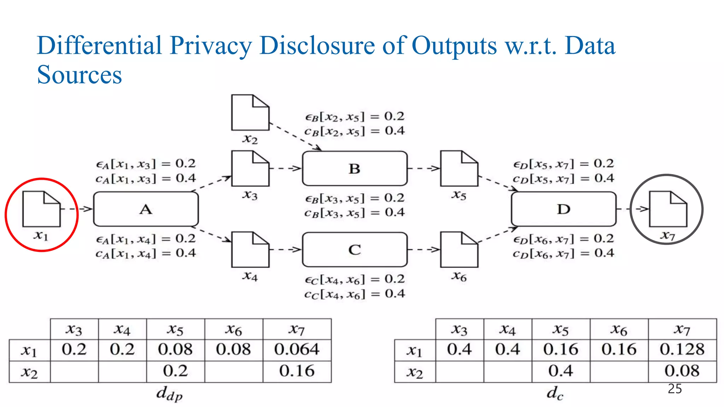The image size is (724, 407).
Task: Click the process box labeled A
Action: coord(146,209)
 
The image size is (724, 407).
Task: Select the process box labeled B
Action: coord(355,169)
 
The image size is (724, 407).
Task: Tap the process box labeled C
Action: coord(355,250)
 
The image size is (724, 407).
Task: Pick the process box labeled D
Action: coord(564,209)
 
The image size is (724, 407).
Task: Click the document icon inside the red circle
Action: coord(41,209)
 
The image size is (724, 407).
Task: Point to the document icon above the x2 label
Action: coord(250,112)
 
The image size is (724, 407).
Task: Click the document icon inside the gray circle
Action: coord(668,209)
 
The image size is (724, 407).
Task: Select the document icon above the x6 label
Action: coord(459,250)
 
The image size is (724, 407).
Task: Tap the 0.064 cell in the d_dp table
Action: coord(297,350)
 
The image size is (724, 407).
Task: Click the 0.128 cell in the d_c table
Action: coord(682,350)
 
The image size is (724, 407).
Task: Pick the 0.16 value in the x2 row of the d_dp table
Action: coord(297,371)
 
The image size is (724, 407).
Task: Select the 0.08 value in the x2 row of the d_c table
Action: coord(682,371)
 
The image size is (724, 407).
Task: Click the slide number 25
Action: coord(675,389)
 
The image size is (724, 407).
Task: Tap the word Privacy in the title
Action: coord(211,46)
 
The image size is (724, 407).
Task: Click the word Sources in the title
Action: coord(80,75)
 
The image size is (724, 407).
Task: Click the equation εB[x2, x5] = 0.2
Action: coord(355,117)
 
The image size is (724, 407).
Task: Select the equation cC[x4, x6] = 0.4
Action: coord(355,294)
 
